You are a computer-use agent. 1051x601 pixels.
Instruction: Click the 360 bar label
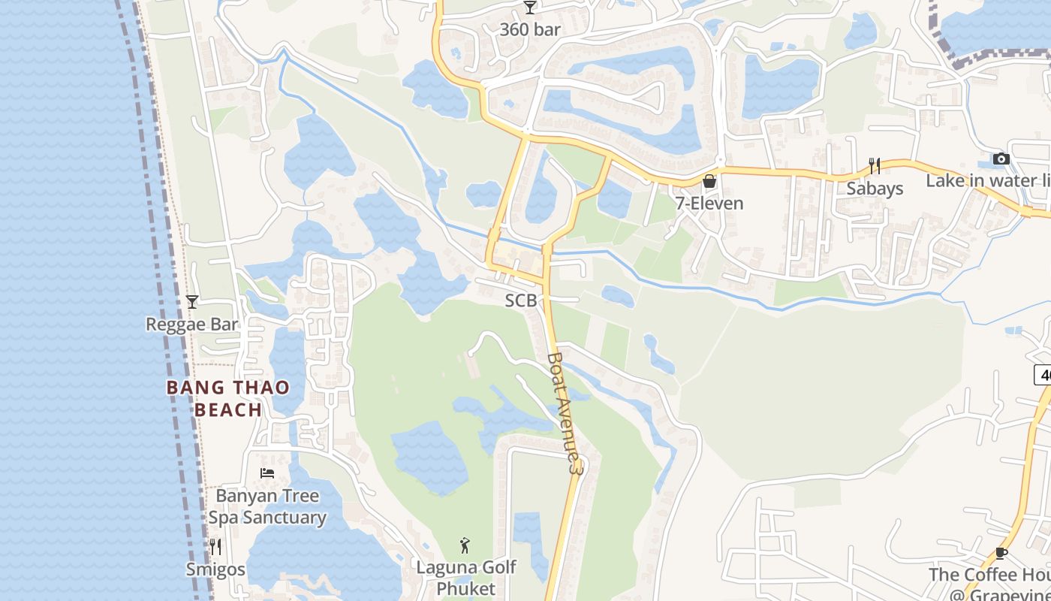[x=530, y=29]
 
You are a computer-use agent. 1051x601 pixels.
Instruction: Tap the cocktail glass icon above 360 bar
[x=530, y=8]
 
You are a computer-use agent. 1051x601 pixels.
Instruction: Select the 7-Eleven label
[x=709, y=204]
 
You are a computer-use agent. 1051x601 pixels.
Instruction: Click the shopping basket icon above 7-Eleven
[x=709, y=181]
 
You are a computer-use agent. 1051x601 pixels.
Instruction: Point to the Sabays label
[x=875, y=188]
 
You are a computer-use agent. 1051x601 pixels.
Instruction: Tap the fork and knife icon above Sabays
[x=875, y=165]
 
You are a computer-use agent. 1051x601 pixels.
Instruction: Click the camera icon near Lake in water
[x=1001, y=159]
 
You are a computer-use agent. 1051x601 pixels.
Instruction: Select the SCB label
[x=520, y=300]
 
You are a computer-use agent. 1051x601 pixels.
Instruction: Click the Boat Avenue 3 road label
[x=565, y=412]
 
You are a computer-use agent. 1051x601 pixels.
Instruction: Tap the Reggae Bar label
[x=191, y=325]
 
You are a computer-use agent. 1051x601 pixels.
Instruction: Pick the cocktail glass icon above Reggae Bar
[x=191, y=302]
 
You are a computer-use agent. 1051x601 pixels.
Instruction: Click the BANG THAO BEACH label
[x=228, y=399]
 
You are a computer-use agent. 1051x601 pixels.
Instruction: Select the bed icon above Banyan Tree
[x=267, y=473]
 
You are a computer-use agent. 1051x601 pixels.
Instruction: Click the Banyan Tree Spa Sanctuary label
[x=267, y=507]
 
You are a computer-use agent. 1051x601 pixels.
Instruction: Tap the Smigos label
[x=215, y=569]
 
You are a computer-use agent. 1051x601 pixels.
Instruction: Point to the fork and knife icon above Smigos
[x=215, y=547]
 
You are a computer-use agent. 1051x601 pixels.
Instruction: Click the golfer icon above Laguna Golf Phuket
[x=465, y=545]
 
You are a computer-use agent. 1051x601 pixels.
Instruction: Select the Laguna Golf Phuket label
[x=465, y=578]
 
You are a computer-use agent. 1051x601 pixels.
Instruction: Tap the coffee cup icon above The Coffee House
[x=1001, y=554]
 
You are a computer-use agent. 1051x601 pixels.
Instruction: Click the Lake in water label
[x=987, y=181]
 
